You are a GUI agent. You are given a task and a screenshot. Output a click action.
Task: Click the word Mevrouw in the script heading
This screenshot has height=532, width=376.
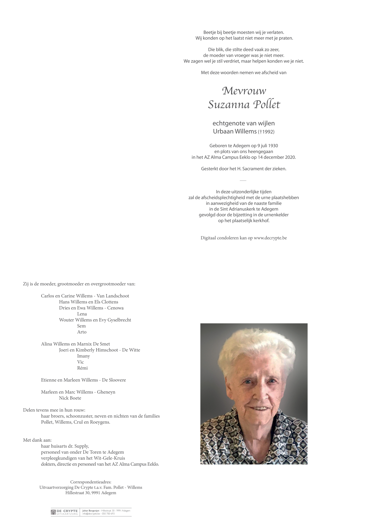pos(244,91)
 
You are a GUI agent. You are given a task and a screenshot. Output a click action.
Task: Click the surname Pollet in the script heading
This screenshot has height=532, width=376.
pos(267,105)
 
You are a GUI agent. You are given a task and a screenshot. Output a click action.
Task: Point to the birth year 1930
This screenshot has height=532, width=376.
pos(273,146)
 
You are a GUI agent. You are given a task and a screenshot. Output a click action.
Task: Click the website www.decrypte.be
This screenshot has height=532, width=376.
pos(270,238)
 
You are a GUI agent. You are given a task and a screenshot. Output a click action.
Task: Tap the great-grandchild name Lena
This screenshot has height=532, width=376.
pos(82,314)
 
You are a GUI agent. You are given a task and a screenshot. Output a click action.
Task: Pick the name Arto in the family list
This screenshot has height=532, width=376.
pos(82,332)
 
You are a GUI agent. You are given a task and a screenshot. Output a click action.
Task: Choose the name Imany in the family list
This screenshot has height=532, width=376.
pos(83,356)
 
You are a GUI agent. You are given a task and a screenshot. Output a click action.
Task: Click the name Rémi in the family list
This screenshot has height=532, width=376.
pos(82,368)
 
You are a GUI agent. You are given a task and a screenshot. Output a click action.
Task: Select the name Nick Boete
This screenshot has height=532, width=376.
pos(70,398)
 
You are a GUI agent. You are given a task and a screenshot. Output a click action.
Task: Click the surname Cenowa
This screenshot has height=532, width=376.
pos(115,308)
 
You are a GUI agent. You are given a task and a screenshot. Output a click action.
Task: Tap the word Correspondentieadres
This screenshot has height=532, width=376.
pos(91,482)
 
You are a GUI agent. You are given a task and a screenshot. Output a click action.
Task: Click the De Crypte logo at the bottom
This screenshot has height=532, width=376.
pos(64,512)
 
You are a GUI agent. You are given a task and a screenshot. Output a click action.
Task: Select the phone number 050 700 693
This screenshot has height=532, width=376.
pos(108,514)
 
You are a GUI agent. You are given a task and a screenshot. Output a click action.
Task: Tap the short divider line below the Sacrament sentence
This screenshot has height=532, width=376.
pos(243,180)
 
